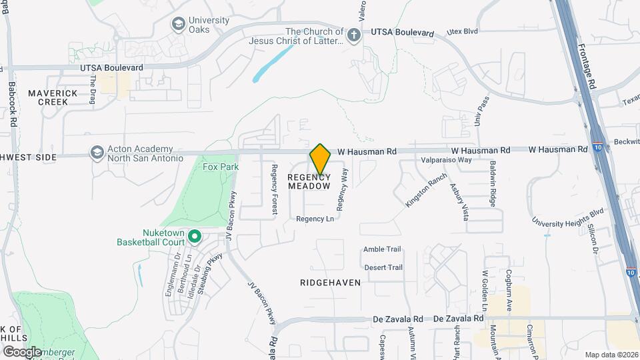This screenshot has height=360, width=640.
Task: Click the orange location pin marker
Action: [321, 159]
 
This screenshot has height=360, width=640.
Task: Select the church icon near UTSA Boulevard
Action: [353, 34]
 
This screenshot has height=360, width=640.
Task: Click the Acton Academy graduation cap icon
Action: [97, 153]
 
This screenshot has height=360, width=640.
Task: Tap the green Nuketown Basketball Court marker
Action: [195, 236]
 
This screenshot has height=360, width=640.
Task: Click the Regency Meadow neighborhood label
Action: [309, 181]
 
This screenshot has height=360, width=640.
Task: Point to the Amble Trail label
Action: [382, 249]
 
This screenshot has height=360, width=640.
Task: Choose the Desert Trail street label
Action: [383, 267]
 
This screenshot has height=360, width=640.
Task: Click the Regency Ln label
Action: [315, 219]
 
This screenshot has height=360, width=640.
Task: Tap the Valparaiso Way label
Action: [446, 160]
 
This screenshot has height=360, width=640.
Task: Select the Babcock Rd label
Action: [12, 103]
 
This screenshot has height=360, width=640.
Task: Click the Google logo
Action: [22, 351]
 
